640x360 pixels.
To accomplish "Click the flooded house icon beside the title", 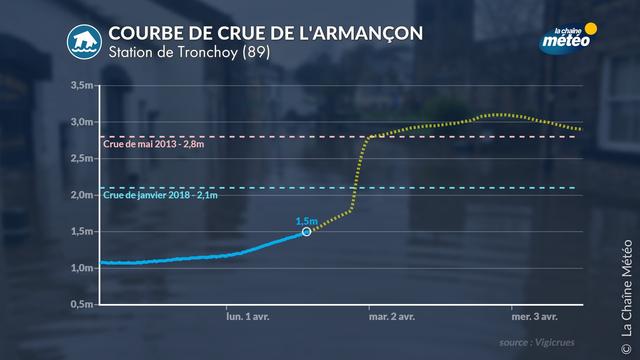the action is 84,42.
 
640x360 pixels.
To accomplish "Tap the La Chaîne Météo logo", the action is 568,38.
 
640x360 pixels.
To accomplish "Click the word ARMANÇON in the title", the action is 361,33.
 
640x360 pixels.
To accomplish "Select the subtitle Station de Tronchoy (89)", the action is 189,52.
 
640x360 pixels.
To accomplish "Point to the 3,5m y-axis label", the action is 82,85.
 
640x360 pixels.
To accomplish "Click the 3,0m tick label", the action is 82,122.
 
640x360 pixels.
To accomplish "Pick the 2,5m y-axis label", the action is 82,158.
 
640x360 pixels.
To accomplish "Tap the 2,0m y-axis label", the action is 82,195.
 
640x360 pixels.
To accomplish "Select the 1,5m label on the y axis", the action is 82,231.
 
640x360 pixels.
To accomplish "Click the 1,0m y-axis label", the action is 82,268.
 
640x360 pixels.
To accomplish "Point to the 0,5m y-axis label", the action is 82,304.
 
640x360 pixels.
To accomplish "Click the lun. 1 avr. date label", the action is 248,316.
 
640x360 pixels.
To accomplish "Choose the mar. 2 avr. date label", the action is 392,316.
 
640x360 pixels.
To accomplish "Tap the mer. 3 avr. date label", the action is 535,316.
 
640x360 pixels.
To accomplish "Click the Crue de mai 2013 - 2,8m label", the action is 153,144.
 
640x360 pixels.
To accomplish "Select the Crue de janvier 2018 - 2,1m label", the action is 160,195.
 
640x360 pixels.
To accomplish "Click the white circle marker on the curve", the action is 306,232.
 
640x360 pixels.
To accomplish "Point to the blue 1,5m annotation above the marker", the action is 307,221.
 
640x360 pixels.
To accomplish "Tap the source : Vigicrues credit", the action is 537,342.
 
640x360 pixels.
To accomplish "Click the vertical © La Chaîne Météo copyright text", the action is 627,297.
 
